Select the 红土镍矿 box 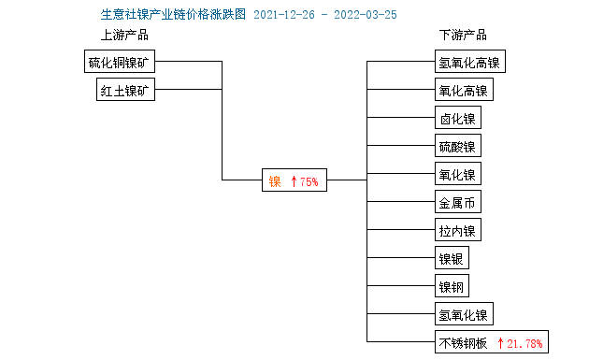[x=125, y=91]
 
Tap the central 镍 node [x=275, y=181]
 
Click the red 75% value [x=309, y=181]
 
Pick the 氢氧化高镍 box [x=469, y=64]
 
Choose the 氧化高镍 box [x=463, y=91]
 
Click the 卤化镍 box [x=458, y=119]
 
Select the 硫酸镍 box [x=458, y=147]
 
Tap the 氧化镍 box [x=458, y=175]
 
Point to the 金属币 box [x=458, y=203]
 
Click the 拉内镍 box [x=458, y=231]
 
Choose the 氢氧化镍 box [x=463, y=314]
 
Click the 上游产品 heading [x=124, y=36]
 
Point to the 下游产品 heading [x=463, y=36]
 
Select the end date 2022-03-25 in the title [x=366, y=15]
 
